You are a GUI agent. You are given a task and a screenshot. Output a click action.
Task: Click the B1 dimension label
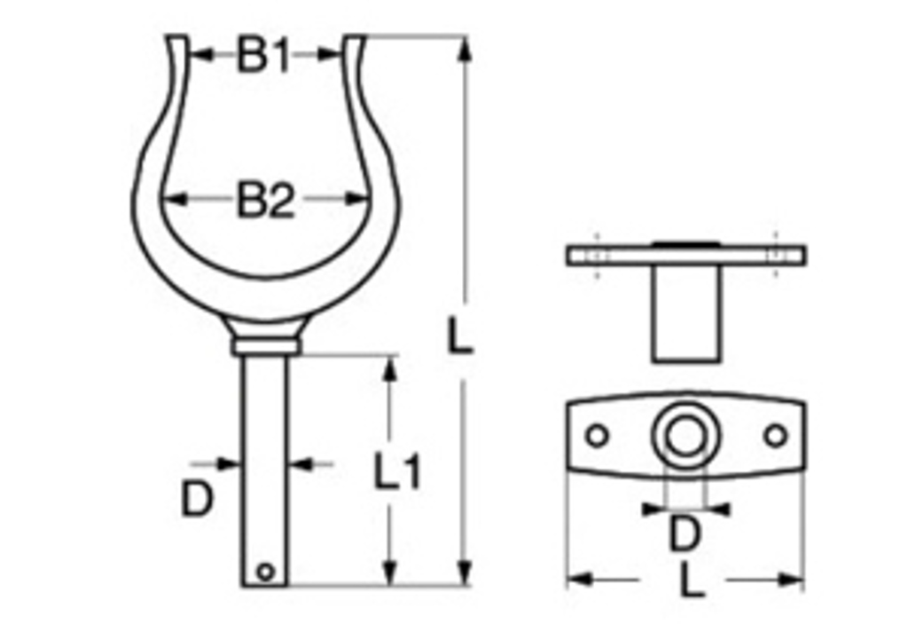[262, 55]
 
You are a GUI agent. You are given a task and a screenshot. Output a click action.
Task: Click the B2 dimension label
[266, 200]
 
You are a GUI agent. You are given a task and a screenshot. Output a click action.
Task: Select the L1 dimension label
[396, 471]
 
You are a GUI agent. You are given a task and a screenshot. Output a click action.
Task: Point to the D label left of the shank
[197, 499]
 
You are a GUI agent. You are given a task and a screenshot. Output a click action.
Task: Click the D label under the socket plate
[685, 533]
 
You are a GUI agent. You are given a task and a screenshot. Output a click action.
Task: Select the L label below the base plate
[692, 581]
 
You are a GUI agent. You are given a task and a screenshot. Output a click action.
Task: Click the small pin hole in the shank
[265, 572]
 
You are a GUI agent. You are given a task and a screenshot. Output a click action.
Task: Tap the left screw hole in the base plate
[597, 436]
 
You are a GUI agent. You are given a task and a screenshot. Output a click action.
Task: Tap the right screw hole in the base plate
[775, 436]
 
